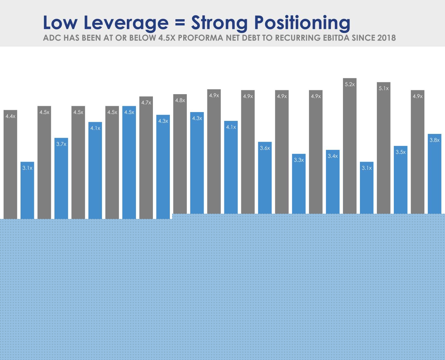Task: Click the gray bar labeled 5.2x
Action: click(349, 146)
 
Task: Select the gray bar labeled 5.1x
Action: click(384, 148)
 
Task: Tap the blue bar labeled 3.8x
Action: click(435, 174)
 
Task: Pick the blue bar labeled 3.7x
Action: click(61, 178)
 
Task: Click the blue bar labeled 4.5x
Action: click(129, 163)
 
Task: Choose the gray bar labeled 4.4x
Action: click(10, 164)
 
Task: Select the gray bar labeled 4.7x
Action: click(146, 158)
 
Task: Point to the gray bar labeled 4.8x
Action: click(180, 154)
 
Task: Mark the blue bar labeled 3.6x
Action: click(265, 178)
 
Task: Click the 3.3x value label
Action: click(299, 160)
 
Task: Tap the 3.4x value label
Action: click(333, 156)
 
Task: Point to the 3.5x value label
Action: click(400, 152)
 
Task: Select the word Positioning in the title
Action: click(302, 23)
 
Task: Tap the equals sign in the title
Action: click(180, 22)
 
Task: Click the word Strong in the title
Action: click(219, 23)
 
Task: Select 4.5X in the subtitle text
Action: click(167, 38)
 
